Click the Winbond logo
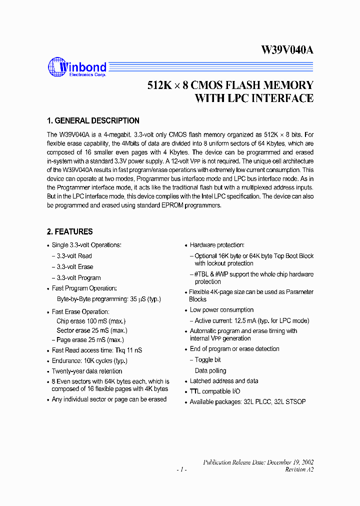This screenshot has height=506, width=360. (77, 67)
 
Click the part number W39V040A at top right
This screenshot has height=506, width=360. (287, 50)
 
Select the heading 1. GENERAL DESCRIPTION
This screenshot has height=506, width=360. (93, 121)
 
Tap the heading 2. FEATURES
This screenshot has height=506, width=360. (70, 231)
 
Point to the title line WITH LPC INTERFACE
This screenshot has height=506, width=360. (254, 98)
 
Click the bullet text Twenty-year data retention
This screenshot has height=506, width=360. (87, 371)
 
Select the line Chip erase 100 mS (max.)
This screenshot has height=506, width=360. (91, 321)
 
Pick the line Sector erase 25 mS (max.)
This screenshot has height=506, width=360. (92, 330)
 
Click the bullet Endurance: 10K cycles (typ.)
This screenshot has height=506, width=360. (89, 360)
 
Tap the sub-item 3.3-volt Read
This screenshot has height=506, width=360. (74, 255)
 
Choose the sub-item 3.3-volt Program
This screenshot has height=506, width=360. (78, 277)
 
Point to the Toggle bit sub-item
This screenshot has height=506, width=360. (207, 359)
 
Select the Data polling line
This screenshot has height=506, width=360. (210, 370)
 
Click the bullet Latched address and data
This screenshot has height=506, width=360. (224, 380)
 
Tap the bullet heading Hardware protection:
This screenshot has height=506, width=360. (217, 245)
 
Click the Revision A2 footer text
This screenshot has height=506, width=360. (299, 469)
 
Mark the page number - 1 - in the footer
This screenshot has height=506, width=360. (182, 469)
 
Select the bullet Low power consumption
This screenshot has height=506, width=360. (221, 310)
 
